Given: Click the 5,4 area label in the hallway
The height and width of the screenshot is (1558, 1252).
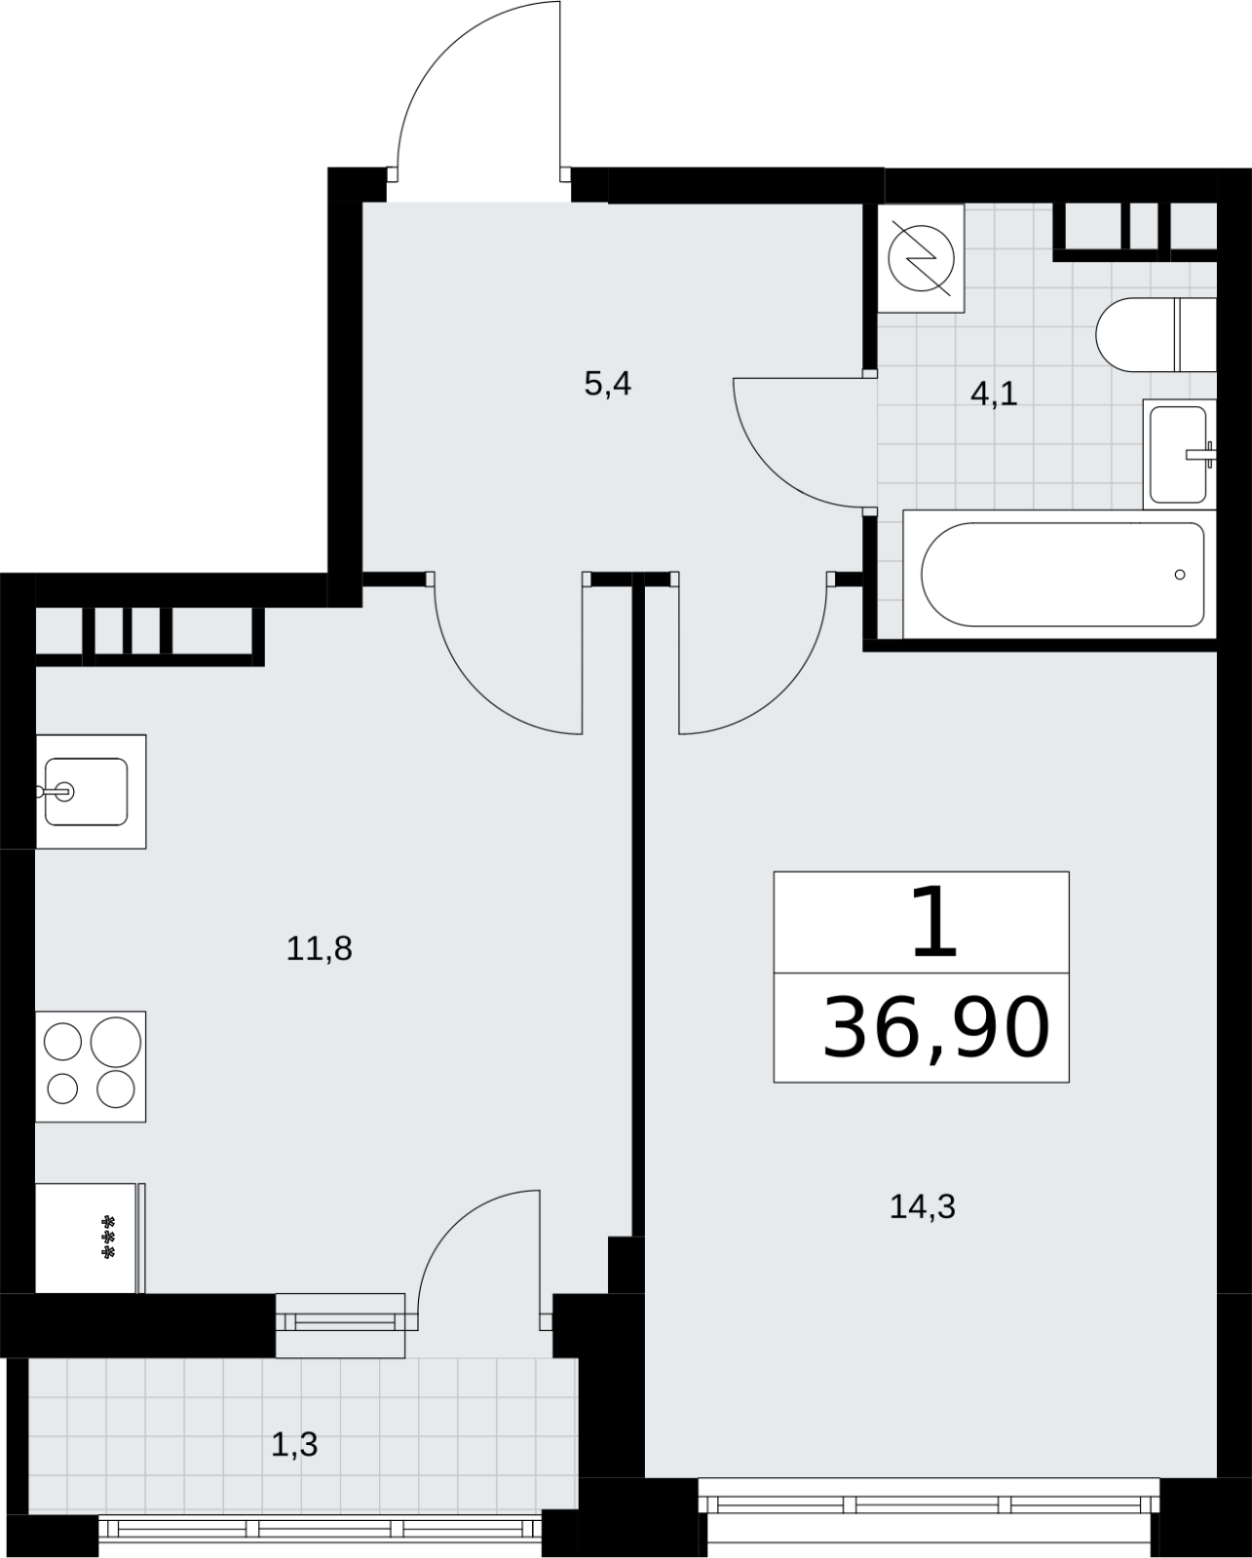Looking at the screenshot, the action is click(608, 384).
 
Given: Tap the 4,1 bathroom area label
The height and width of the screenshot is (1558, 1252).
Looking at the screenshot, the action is click(994, 394).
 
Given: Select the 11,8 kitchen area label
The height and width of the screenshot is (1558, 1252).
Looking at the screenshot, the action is click(320, 948).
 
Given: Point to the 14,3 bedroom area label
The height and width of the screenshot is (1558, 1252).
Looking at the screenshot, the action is click(923, 1206).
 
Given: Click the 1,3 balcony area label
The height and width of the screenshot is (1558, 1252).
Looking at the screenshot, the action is click(294, 1445).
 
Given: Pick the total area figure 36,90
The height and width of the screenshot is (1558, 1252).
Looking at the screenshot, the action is click(936, 1028).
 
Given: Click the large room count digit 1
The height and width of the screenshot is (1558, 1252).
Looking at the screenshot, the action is click(934, 921).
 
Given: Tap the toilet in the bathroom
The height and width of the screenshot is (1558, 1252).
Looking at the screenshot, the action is click(1157, 334).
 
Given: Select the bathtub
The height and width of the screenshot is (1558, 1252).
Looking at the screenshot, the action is click(1059, 575).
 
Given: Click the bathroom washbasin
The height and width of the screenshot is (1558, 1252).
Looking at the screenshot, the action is click(1180, 454).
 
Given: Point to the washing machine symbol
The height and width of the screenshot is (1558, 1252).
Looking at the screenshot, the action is click(921, 258).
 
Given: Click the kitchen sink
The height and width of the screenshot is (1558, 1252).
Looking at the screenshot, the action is click(91, 792).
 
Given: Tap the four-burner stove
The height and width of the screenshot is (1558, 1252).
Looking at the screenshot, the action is click(91, 1066).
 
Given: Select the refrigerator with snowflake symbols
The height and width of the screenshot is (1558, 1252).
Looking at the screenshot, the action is click(90, 1238).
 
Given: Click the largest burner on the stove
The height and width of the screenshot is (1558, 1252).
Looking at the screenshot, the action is click(116, 1041).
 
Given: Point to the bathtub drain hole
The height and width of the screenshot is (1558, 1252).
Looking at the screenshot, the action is click(1180, 575).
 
